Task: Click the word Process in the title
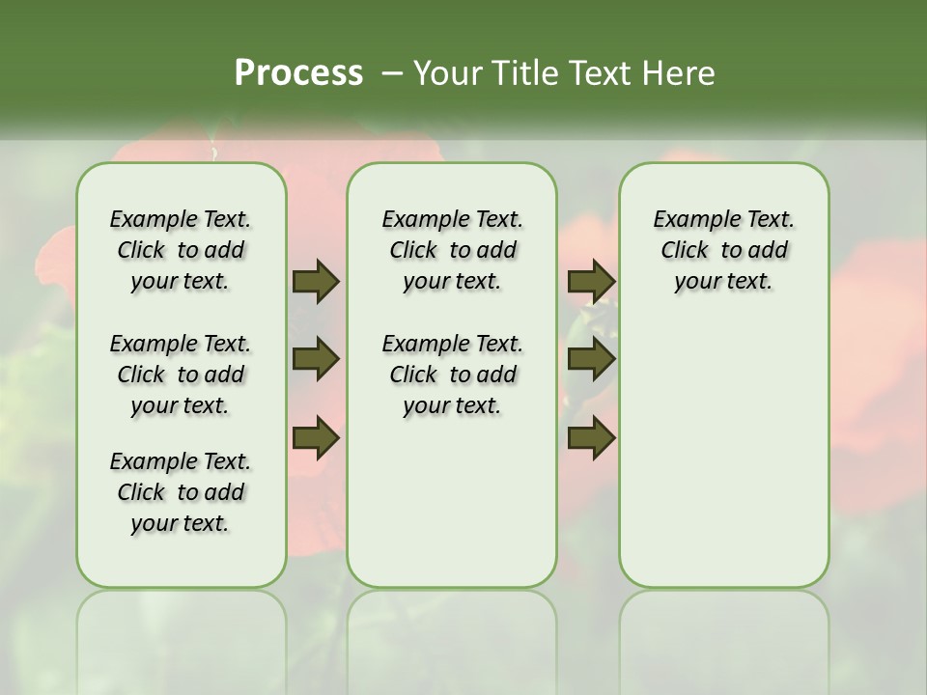point(298,72)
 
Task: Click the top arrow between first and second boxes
point(316,282)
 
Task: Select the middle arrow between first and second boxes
point(316,359)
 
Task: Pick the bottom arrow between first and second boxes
point(316,438)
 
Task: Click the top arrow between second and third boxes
point(591,282)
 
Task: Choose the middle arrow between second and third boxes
point(591,359)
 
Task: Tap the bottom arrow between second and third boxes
point(591,438)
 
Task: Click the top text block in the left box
point(181,251)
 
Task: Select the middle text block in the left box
point(181,375)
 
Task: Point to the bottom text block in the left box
point(181,492)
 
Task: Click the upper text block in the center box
point(452,251)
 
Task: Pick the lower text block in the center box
point(452,375)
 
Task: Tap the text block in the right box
point(723,251)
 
